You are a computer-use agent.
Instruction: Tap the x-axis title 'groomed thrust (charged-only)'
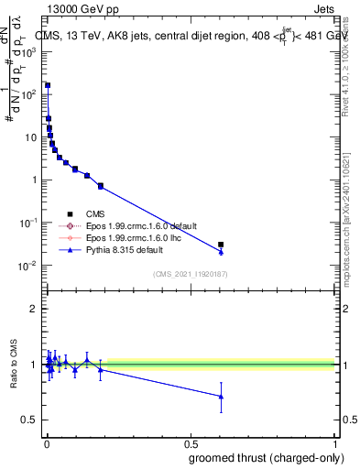click(x=274, y=457)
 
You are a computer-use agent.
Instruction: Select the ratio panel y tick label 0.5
click(x=31, y=420)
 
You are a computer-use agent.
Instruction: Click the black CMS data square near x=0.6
click(x=221, y=245)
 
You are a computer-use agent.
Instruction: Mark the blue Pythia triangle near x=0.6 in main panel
click(x=221, y=251)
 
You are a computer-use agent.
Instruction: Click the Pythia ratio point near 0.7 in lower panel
click(x=221, y=397)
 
